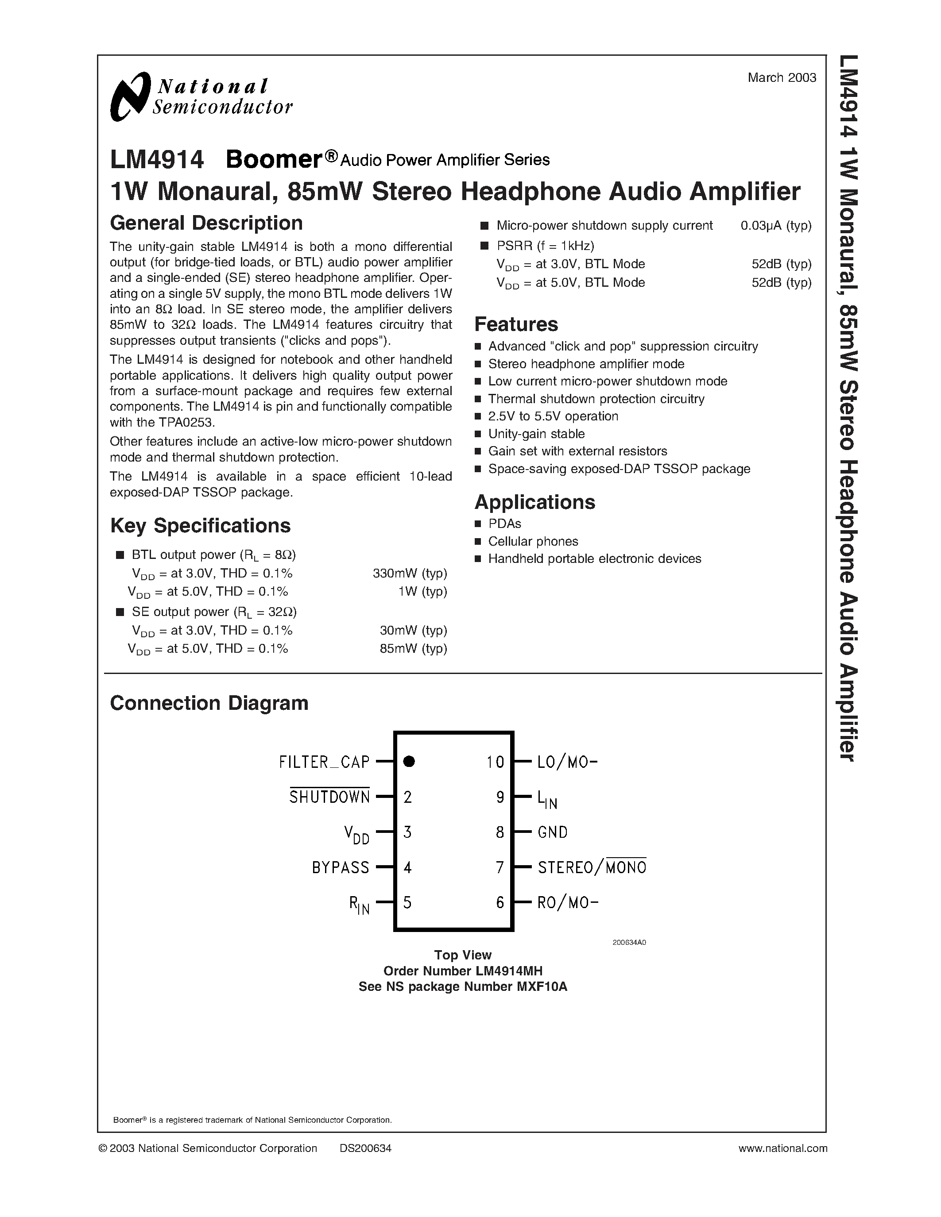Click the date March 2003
click(782, 78)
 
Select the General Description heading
click(206, 223)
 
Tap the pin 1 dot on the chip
click(409, 761)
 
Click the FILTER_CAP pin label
click(324, 762)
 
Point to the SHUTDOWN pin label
click(329, 797)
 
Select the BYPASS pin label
click(340, 867)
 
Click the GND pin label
click(553, 832)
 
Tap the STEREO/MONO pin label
click(592, 867)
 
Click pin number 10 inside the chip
click(495, 762)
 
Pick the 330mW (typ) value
click(410, 574)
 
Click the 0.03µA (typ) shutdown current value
click(775, 226)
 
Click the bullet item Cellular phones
click(533, 541)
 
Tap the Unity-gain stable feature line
click(536, 434)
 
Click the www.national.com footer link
click(782, 1148)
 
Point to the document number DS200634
click(365, 1148)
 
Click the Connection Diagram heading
click(209, 703)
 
